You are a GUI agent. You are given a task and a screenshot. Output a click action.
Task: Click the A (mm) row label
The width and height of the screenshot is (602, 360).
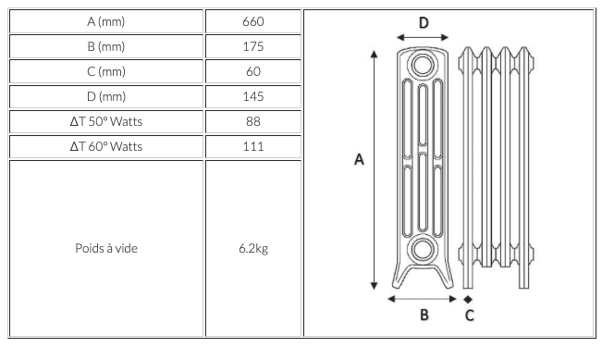point(106,21)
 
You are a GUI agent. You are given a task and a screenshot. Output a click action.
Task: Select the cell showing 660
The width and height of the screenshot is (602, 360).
point(253,21)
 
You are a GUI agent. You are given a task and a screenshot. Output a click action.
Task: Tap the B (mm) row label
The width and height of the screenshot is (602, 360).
point(106,46)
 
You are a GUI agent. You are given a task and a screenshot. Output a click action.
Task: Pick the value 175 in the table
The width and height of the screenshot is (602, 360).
point(253,46)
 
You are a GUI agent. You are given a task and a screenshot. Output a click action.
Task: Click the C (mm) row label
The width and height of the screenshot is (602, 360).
point(106,71)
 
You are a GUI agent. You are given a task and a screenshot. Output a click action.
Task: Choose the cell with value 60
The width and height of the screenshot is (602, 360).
point(253,71)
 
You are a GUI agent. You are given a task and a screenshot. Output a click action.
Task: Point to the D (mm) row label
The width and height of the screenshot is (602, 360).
point(106,96)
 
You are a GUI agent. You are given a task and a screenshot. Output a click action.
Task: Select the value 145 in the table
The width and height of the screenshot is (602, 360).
point(253,96)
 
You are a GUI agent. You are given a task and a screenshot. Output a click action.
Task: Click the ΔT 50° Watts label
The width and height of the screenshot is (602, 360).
point(106,121)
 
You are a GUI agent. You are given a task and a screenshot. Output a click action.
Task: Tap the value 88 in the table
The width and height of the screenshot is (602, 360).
point(253,121)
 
